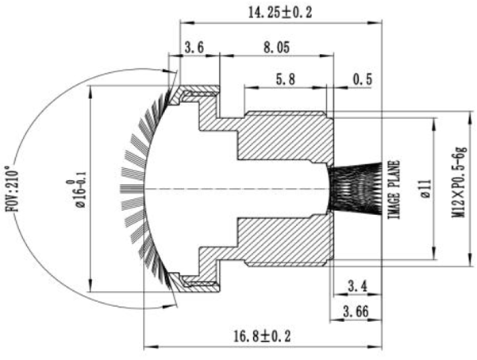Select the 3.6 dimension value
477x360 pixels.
point(195,48)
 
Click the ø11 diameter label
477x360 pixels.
point(425,190)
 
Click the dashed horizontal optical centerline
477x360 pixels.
point(238,189)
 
